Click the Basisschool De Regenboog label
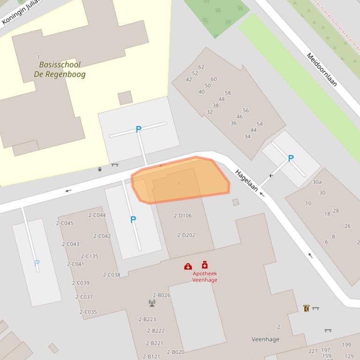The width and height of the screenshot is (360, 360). [x=59, y=69]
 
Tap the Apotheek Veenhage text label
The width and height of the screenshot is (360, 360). [x=205, y=277]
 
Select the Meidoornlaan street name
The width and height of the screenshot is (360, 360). [x=322, y=70]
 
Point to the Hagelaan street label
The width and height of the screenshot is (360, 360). [x=246, y=180]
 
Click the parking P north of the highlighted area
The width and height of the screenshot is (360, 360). [x=138, y=130]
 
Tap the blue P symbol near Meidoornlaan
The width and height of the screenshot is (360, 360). [x=291, y=158]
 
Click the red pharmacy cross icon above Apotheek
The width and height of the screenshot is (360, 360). [x=205, y=265]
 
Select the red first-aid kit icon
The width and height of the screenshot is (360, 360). [x=188, y=266]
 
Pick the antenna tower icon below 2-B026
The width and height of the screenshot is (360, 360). [x=152, y=303]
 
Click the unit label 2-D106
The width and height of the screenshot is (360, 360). [x=183, y=216]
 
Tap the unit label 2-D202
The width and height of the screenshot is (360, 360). [x=186, y=235]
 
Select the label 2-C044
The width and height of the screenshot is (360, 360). [x=97, y=215]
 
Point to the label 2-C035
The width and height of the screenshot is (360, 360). [x=88, y=312]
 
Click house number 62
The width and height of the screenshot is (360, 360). [x=201, y=67]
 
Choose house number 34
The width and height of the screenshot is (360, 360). [x=247, y=137]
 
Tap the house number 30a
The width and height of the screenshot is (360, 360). [x=317, y=182]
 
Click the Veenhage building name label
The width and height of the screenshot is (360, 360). [x=265, y=339]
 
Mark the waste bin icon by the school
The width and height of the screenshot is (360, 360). [x=100, y=169]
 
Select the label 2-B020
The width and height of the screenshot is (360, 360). [x=176, y=352]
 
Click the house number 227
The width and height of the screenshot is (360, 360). [x=313, y=351]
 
